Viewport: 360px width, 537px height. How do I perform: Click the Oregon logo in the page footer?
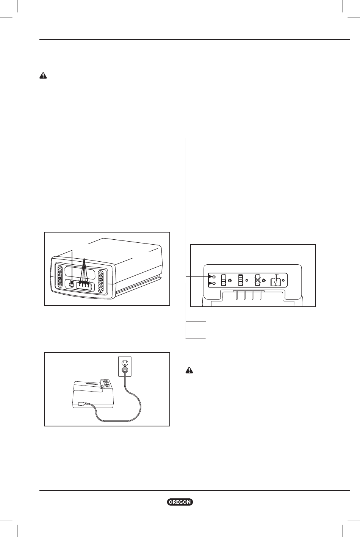pyautogui.click(x=180, y=502)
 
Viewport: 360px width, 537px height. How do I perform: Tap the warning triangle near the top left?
pyautogui.click(x=43, y=76)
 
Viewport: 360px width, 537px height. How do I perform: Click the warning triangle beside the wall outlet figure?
pyautogui.click(x=189, y=370)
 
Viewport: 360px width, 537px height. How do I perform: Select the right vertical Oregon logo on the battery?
pyautogui.click(x=101, y=282)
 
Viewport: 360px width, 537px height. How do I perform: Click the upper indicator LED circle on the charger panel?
pyautogui.click(x=214, y=277)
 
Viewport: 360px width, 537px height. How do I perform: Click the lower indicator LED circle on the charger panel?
pyautogui.click(x=214, y=283)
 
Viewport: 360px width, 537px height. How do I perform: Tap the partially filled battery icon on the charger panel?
pyautogui.click(x=224, y=280)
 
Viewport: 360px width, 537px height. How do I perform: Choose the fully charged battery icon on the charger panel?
pyautogui.click(x=240, y=280)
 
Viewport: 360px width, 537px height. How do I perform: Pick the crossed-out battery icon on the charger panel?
pyautogui.click(x=258, y=280)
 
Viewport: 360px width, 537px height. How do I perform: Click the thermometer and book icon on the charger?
pyautogui.click(x=276, y=280)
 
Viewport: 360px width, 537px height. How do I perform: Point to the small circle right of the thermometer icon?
pyautogui.click(x=283, y=280)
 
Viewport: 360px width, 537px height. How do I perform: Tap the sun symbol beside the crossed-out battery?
pyautogui.click(x=264, y=280)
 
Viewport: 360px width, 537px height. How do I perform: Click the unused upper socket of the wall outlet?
pyautogui.click(x=125, y=362)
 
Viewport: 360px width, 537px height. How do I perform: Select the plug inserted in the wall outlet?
pyautogui.click(x=125, y=370)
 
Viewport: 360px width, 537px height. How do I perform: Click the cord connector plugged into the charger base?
pyautogui.click(x=81, y=404)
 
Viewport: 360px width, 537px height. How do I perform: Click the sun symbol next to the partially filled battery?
pyautogui.click(x=230, y=280)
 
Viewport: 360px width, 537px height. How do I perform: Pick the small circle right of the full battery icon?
pyautogui.click(x=247, y=280)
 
